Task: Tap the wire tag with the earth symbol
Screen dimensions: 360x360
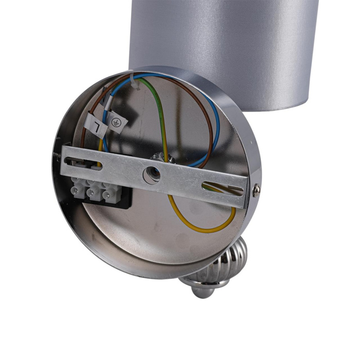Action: pos(117,123)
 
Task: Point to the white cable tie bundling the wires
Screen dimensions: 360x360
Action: pos(137,83)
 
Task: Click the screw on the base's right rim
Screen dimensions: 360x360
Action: pos(256,190)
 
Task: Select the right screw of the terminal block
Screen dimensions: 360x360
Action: pos(108,196)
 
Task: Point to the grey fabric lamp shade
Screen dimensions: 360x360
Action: pos(226,41)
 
